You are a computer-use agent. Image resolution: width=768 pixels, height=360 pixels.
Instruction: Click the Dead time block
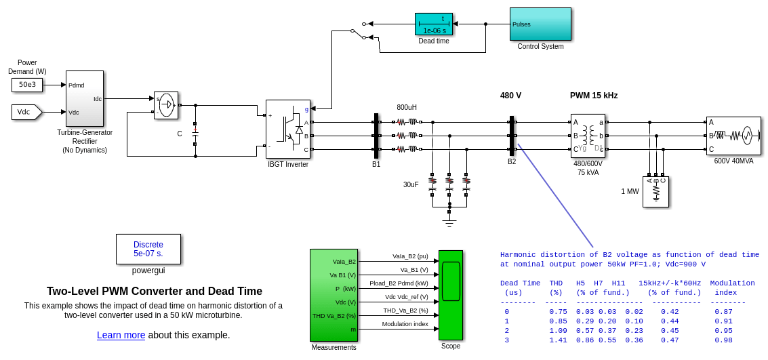coord(433,24)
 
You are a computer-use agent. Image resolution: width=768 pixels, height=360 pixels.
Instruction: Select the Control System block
coord(540,24)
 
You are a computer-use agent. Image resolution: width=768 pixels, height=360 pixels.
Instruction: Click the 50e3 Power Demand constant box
coord(27,85)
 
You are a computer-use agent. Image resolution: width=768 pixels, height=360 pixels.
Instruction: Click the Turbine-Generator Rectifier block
coord(85,98)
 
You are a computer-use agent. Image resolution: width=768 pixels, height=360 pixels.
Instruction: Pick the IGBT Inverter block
coord(287,129)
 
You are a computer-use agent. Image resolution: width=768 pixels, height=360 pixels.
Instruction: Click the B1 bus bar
coord(376,136)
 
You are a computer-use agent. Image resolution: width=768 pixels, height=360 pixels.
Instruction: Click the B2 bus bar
coord(512,136)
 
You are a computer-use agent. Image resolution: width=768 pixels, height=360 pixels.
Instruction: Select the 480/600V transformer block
coord(588,136)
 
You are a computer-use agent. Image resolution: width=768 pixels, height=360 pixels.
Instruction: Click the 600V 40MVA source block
coord(733,136)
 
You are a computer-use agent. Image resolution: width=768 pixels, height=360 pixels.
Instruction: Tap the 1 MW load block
coord(655,191)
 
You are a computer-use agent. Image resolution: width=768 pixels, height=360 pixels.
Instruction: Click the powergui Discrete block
coord(148,249)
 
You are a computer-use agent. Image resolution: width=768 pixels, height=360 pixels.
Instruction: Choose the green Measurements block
coord(334,295)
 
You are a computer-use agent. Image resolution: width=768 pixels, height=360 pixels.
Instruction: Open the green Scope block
coord(451,295)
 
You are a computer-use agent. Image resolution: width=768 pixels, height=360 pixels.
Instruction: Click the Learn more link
coord(121,335)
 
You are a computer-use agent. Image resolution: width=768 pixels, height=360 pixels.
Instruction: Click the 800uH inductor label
coord(407,108)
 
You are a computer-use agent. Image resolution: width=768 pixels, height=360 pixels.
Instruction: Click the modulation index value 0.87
coord(723,312)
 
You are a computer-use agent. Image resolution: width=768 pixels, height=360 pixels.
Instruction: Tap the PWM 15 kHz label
coord(594,96)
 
